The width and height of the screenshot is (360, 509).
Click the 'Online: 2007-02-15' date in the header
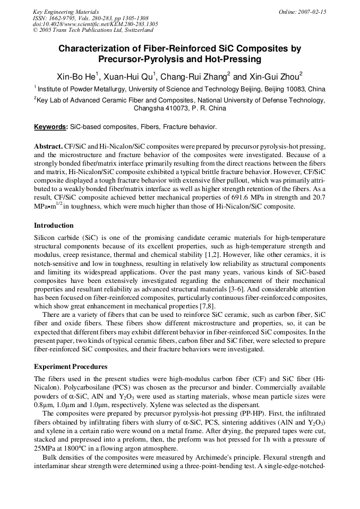(302, 12)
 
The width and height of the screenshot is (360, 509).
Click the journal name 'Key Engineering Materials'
(66, 12)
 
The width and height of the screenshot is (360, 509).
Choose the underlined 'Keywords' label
(50, 127)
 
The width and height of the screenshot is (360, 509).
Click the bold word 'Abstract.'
(48, 146)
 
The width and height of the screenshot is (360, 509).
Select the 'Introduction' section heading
(54, 226)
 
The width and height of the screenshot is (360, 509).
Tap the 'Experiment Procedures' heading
(71, 366)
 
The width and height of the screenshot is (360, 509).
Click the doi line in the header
(95, 24)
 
